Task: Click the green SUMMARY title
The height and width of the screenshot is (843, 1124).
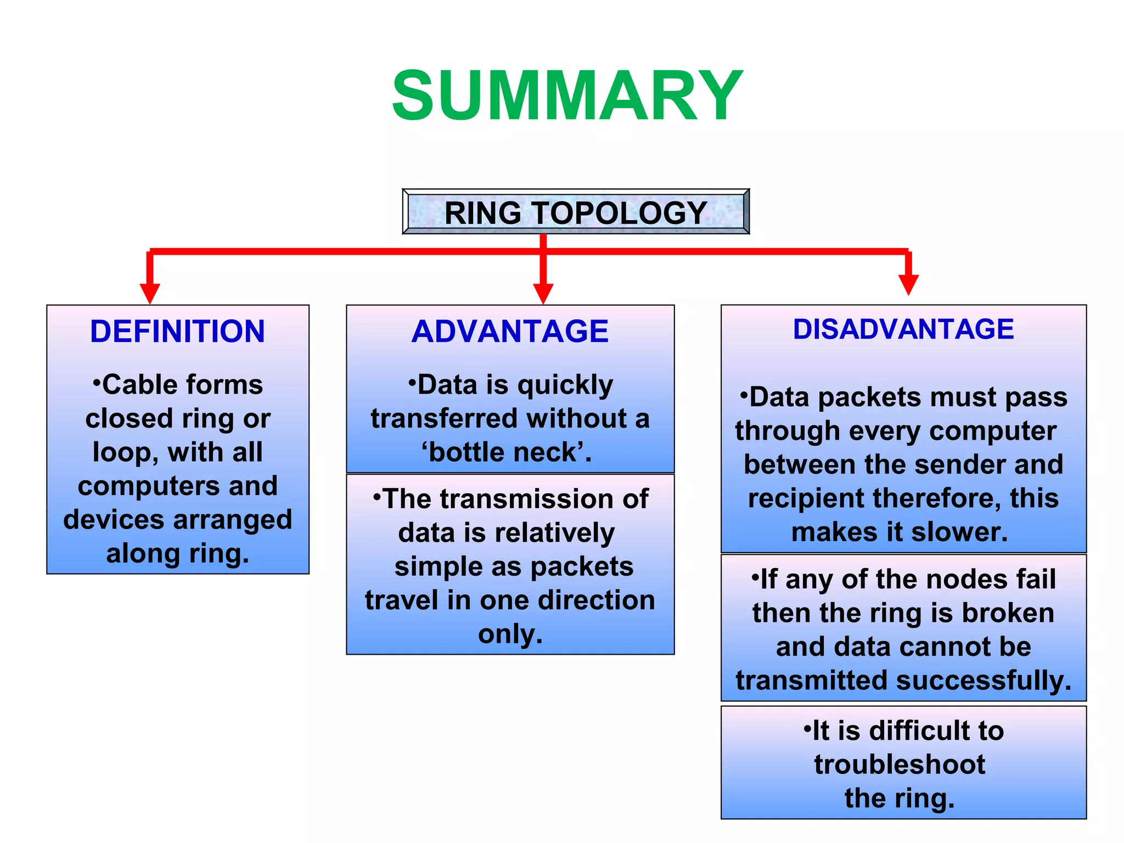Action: (x=567, y=96)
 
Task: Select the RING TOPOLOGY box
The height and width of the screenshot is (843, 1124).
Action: (x=576, y=212)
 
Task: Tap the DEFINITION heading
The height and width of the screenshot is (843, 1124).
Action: (x=177, y=331)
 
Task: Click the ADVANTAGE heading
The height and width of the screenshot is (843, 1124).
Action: (x=510, y=331)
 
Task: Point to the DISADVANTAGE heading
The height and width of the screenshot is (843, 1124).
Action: (x=903, y=329)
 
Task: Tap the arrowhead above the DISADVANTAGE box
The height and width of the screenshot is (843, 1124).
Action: (x=908, y=284)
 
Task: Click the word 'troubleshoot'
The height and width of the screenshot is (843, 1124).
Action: (x=900, y=765)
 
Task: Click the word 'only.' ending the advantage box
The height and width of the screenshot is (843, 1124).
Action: (x=510, y=634)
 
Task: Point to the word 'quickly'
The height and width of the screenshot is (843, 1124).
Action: (x=565, y=385)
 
